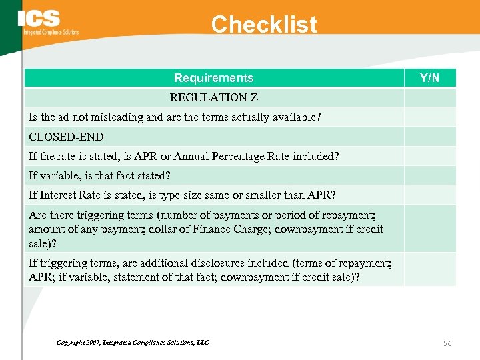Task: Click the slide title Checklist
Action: coord(264,25)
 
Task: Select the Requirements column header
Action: coord(213,78)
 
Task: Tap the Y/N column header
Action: coord(429,78)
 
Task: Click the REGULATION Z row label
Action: coord(213,97)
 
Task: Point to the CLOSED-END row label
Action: coord(66,137)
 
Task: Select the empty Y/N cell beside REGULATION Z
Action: coord(429,97)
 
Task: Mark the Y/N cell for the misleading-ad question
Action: coord(429,117)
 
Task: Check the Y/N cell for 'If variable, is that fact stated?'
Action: coord(429,175)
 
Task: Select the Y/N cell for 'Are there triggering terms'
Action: coord(429,228)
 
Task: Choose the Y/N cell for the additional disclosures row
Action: coord(429,269)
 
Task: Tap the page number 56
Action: coord(447,343)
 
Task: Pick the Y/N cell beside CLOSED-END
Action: coord(429,137)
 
